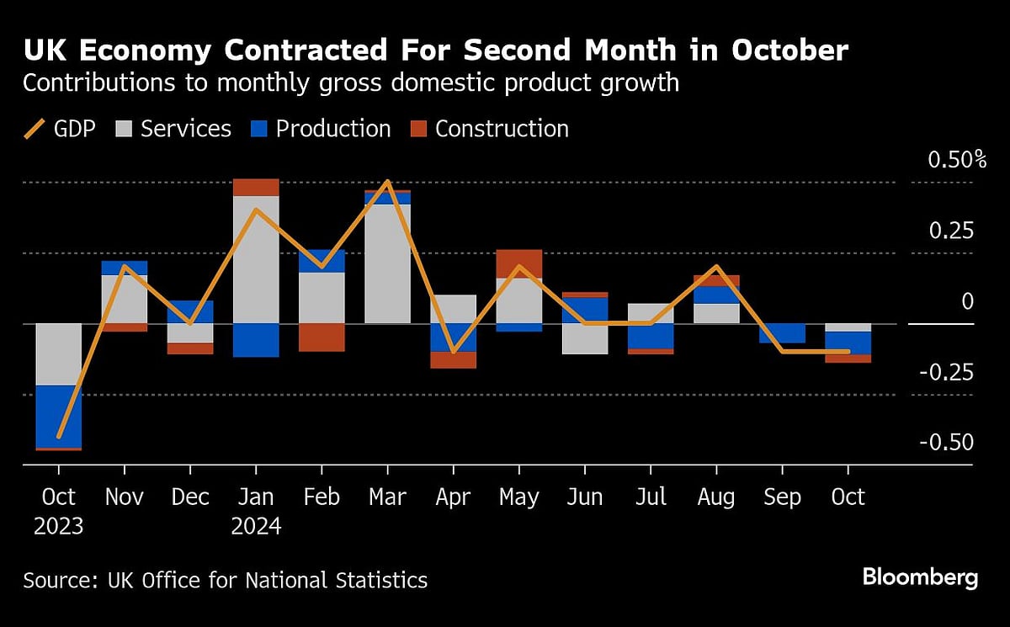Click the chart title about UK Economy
point(435,51)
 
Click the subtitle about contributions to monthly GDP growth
point(350,84)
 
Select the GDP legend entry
point(59,129)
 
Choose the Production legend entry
point(321,129)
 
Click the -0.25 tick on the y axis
point(944,372)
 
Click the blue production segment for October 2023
point(59,416)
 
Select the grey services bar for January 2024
point(255,259)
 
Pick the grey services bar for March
point(387,263)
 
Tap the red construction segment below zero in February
point(322,337)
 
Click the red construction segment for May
point(518,263)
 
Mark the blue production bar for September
point(782,333)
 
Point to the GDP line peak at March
point(387,181)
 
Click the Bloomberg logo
point(920,578)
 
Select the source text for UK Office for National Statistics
point(225,580)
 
